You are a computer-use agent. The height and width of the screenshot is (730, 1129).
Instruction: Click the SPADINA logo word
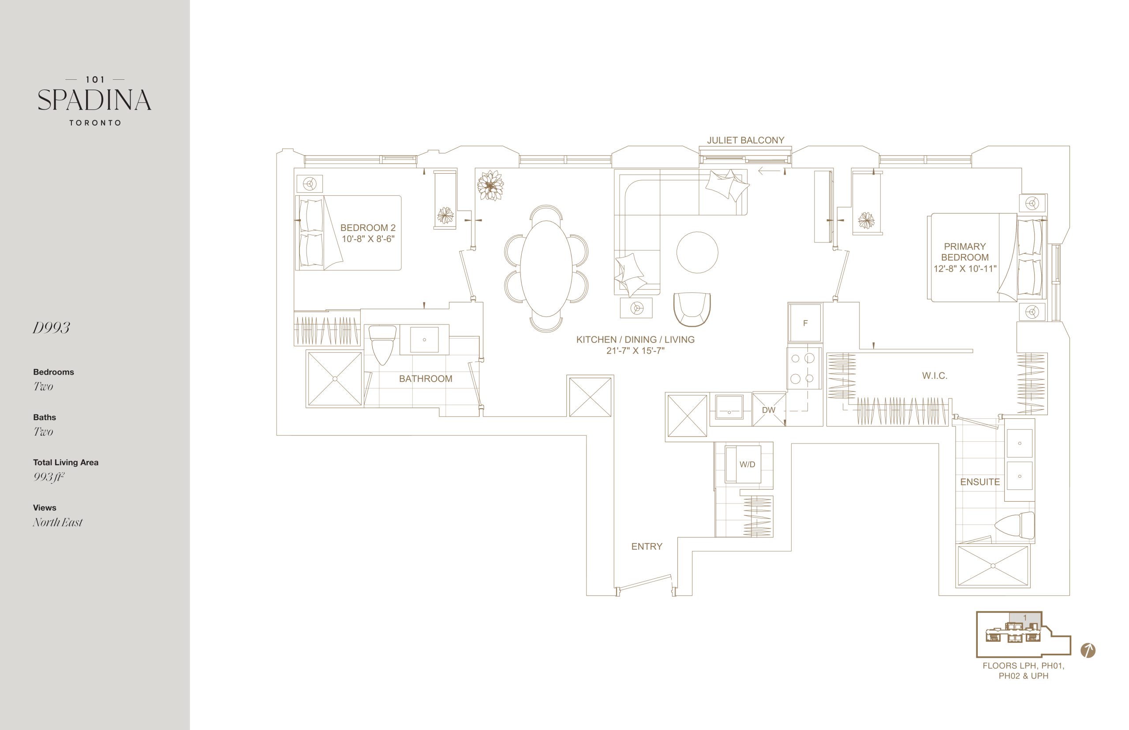[94, 100]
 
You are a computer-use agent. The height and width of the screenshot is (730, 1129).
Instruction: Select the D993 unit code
[51, 328]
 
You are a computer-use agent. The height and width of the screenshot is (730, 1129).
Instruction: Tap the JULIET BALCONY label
[745, 140]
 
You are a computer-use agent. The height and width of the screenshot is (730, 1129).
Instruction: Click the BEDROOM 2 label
[367, 227]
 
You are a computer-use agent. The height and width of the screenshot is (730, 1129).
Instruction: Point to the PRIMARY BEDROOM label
[965, 252]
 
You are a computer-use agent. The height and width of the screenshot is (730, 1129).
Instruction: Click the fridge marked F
[805, 323]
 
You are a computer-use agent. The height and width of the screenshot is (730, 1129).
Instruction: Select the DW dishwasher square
[769, 410]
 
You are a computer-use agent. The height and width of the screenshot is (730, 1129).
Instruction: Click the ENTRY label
[646, 547]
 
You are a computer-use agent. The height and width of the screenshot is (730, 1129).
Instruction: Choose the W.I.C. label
[935, 376]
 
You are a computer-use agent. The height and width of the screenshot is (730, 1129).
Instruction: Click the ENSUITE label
[979, 482]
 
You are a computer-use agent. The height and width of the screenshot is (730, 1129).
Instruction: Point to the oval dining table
[546, 268]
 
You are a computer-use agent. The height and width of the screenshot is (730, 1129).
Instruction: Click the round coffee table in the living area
[697, 252]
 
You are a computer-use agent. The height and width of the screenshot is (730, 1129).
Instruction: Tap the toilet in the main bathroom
[382, 345]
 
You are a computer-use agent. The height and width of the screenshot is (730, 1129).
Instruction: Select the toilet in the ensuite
[1014, 525]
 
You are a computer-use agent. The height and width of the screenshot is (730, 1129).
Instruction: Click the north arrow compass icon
[1088, 650]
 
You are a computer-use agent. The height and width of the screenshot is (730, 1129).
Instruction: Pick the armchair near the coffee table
[692, 309]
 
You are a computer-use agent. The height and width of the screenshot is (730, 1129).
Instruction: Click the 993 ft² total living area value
[49, 477]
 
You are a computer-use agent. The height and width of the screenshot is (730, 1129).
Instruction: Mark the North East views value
[57, 522]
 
